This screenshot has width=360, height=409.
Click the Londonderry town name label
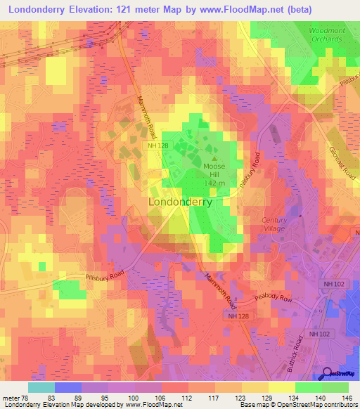(x=181, y=202)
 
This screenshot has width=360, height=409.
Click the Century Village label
(x=274, y=223)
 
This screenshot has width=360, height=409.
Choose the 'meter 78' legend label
(x=15, y=397)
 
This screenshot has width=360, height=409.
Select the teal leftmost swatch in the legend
(x=41, y=387)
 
